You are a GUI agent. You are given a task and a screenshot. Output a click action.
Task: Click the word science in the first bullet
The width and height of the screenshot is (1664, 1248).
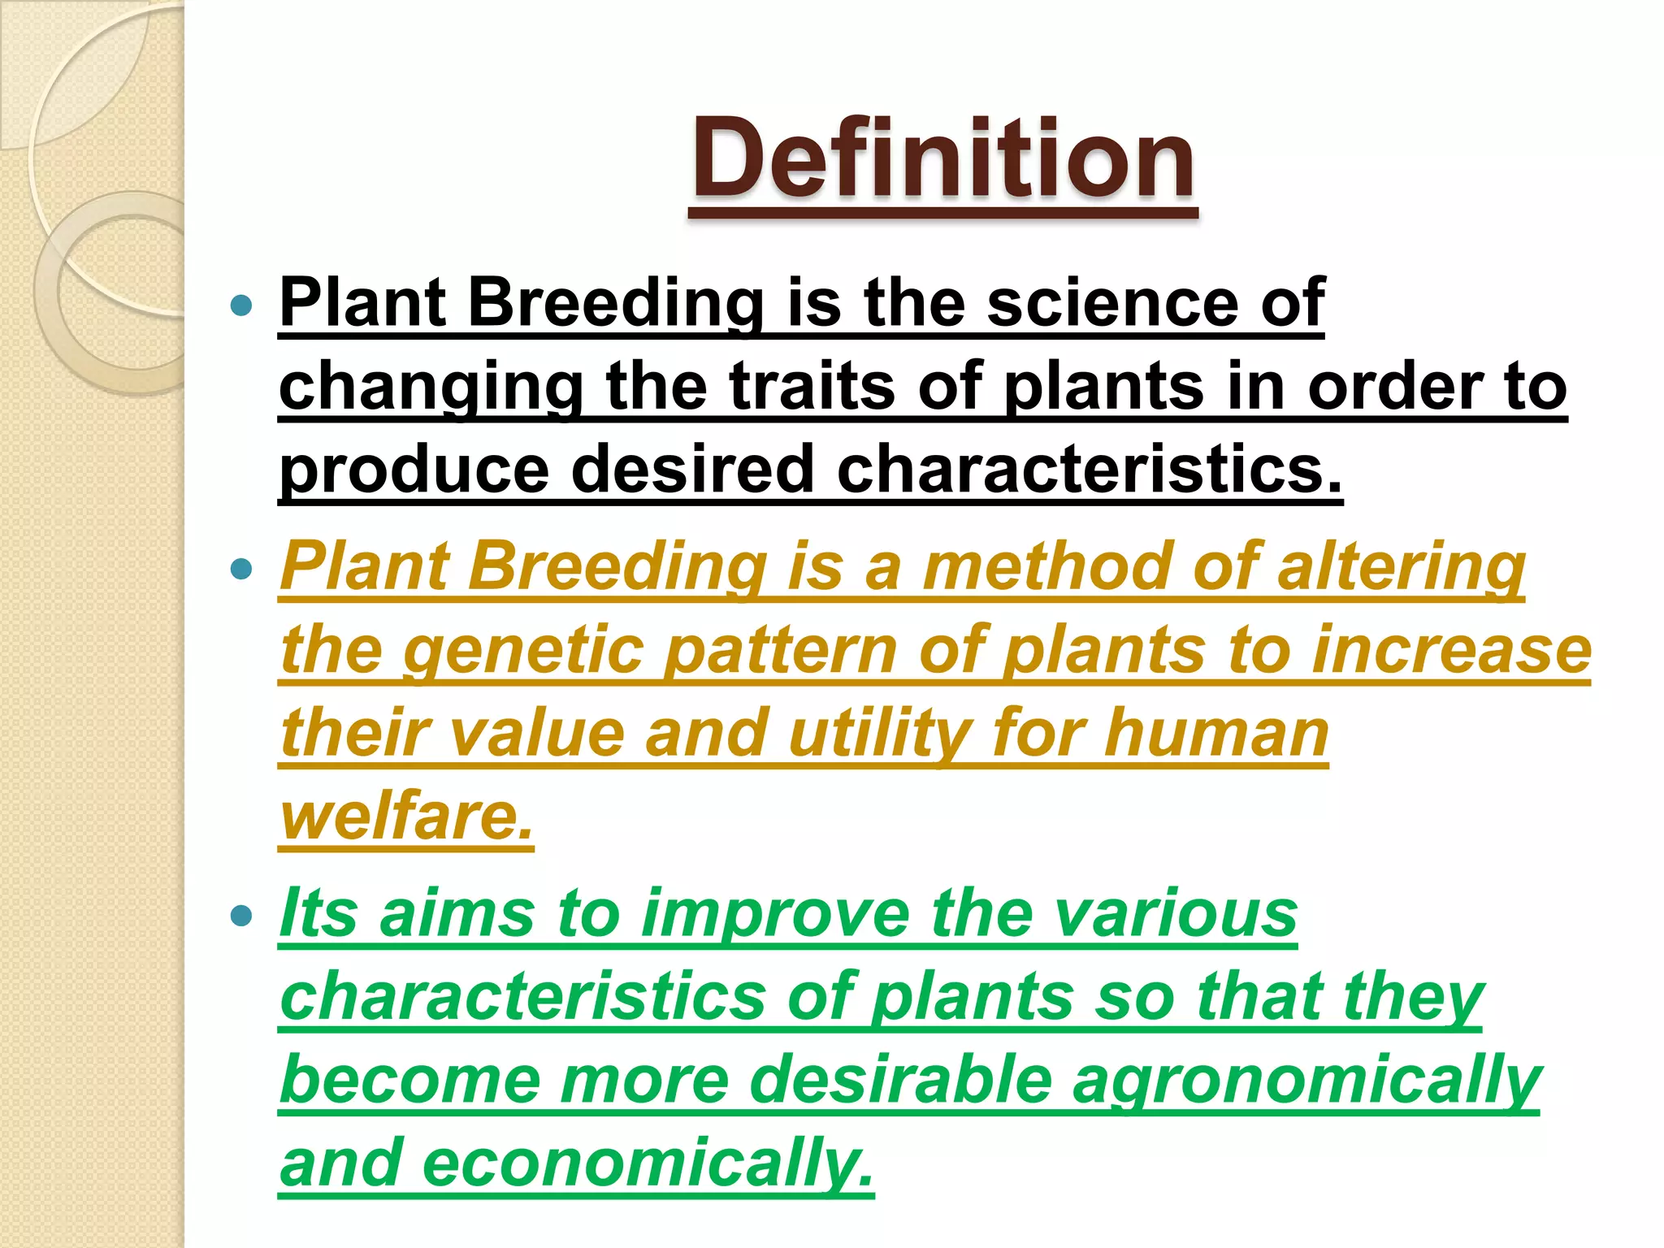pyautogui.click(x=1112, y=302)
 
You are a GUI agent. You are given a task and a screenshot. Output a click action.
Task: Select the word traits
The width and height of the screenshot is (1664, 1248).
pyautogui.click(x=812, y=386)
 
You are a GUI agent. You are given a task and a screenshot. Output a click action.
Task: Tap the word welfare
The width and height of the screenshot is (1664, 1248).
pyautogui.click(x=406, y=817)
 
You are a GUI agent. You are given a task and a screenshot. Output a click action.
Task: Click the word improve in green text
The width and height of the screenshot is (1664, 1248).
pyautogui.click(x=775, y=914)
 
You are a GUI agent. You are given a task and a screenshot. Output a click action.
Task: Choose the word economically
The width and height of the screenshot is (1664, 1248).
pyautogui.click(x=647, y=1163)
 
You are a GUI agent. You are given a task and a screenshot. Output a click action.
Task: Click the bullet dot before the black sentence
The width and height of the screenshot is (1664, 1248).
pyautogui.click(x=241, y=305)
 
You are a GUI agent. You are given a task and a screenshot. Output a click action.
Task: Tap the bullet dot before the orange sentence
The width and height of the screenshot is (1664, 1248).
pyautogui.click(x=241, y=568)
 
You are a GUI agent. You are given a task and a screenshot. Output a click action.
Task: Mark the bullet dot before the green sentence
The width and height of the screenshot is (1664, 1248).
pyautogui.click(x=241, y=916)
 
